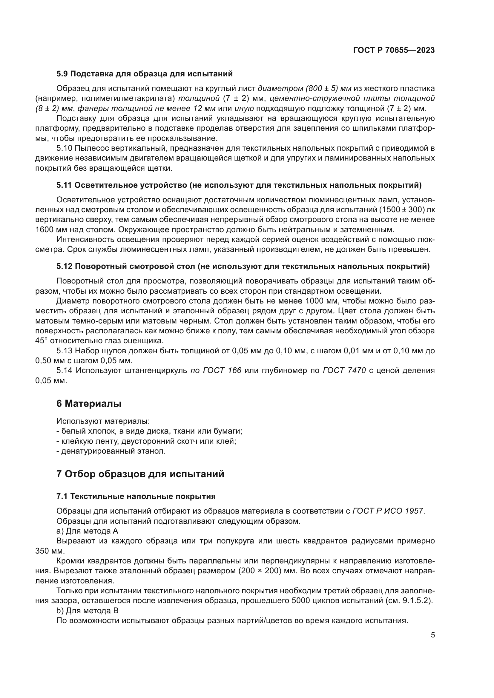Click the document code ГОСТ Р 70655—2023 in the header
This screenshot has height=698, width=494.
[x=394, y=50]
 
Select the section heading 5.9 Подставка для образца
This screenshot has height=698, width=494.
[x=145, y=74]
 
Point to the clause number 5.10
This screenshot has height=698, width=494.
[x=64, y=148]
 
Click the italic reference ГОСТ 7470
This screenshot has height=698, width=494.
[x=344, y=371]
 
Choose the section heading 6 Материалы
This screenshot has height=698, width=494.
[x=89, y=404]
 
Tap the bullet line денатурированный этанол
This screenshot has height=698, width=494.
[x=111, y=451]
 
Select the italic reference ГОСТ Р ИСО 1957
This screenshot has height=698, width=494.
[x=388, y=511]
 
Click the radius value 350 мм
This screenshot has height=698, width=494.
[x=50, y=551]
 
